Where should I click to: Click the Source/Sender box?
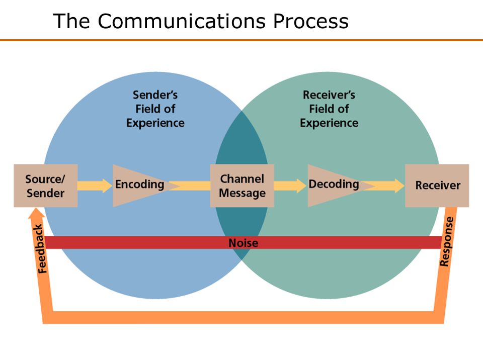(x=46, y=186)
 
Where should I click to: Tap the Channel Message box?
(x=242, y=186)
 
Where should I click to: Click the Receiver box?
(x=437, y=186)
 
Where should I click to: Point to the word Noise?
(x=244, y=243)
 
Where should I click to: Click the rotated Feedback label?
(x=41, y=249)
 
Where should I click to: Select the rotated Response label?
(x=447, y=242)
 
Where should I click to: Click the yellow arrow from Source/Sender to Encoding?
(x=95, y=186)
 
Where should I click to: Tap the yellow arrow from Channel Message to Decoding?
(x=290, y=186)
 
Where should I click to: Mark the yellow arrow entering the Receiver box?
(x=385, y=186)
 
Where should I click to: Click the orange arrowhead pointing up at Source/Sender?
(x=36, y=213)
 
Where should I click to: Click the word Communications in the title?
(x=182, y=21)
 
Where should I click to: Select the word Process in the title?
(x=311, y=21)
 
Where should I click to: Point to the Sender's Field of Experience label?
(x=155, y=109)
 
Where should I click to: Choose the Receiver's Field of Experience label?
(x=329, y=109)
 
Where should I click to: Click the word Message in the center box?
(x=242, y=193)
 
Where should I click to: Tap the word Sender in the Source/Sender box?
(x=46, y=193)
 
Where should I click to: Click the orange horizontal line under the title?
(x=242, y=40)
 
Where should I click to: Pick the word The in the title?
(x=71, y=21)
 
